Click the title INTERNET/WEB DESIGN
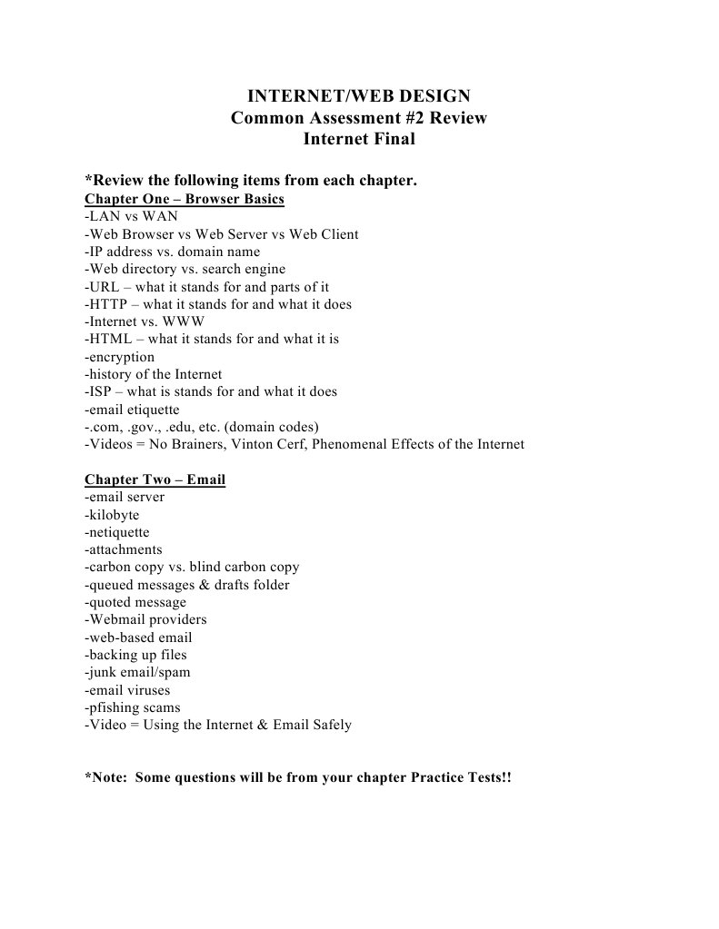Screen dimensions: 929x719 coord(359,96)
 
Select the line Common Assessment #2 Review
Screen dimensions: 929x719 coord(359,118)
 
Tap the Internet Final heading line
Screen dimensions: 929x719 coord(359,140)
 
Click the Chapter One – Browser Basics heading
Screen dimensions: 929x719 coord(185,199)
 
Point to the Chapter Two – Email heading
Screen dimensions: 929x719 coord(155,479)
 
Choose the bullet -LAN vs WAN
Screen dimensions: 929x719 coord(131,216)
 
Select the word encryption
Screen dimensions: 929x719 coord(122,357)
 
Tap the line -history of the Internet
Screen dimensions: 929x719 coord(153,374)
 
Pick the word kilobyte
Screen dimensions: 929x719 coord(115,515)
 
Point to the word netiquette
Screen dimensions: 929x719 coord(119,532)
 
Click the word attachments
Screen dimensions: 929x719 coord(125,549)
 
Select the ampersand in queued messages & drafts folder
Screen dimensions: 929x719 coord(204,585)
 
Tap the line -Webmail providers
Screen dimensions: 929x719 coord(145,619)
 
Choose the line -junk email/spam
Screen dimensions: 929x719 coord(137,672)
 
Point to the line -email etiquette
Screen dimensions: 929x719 coord(132,410)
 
